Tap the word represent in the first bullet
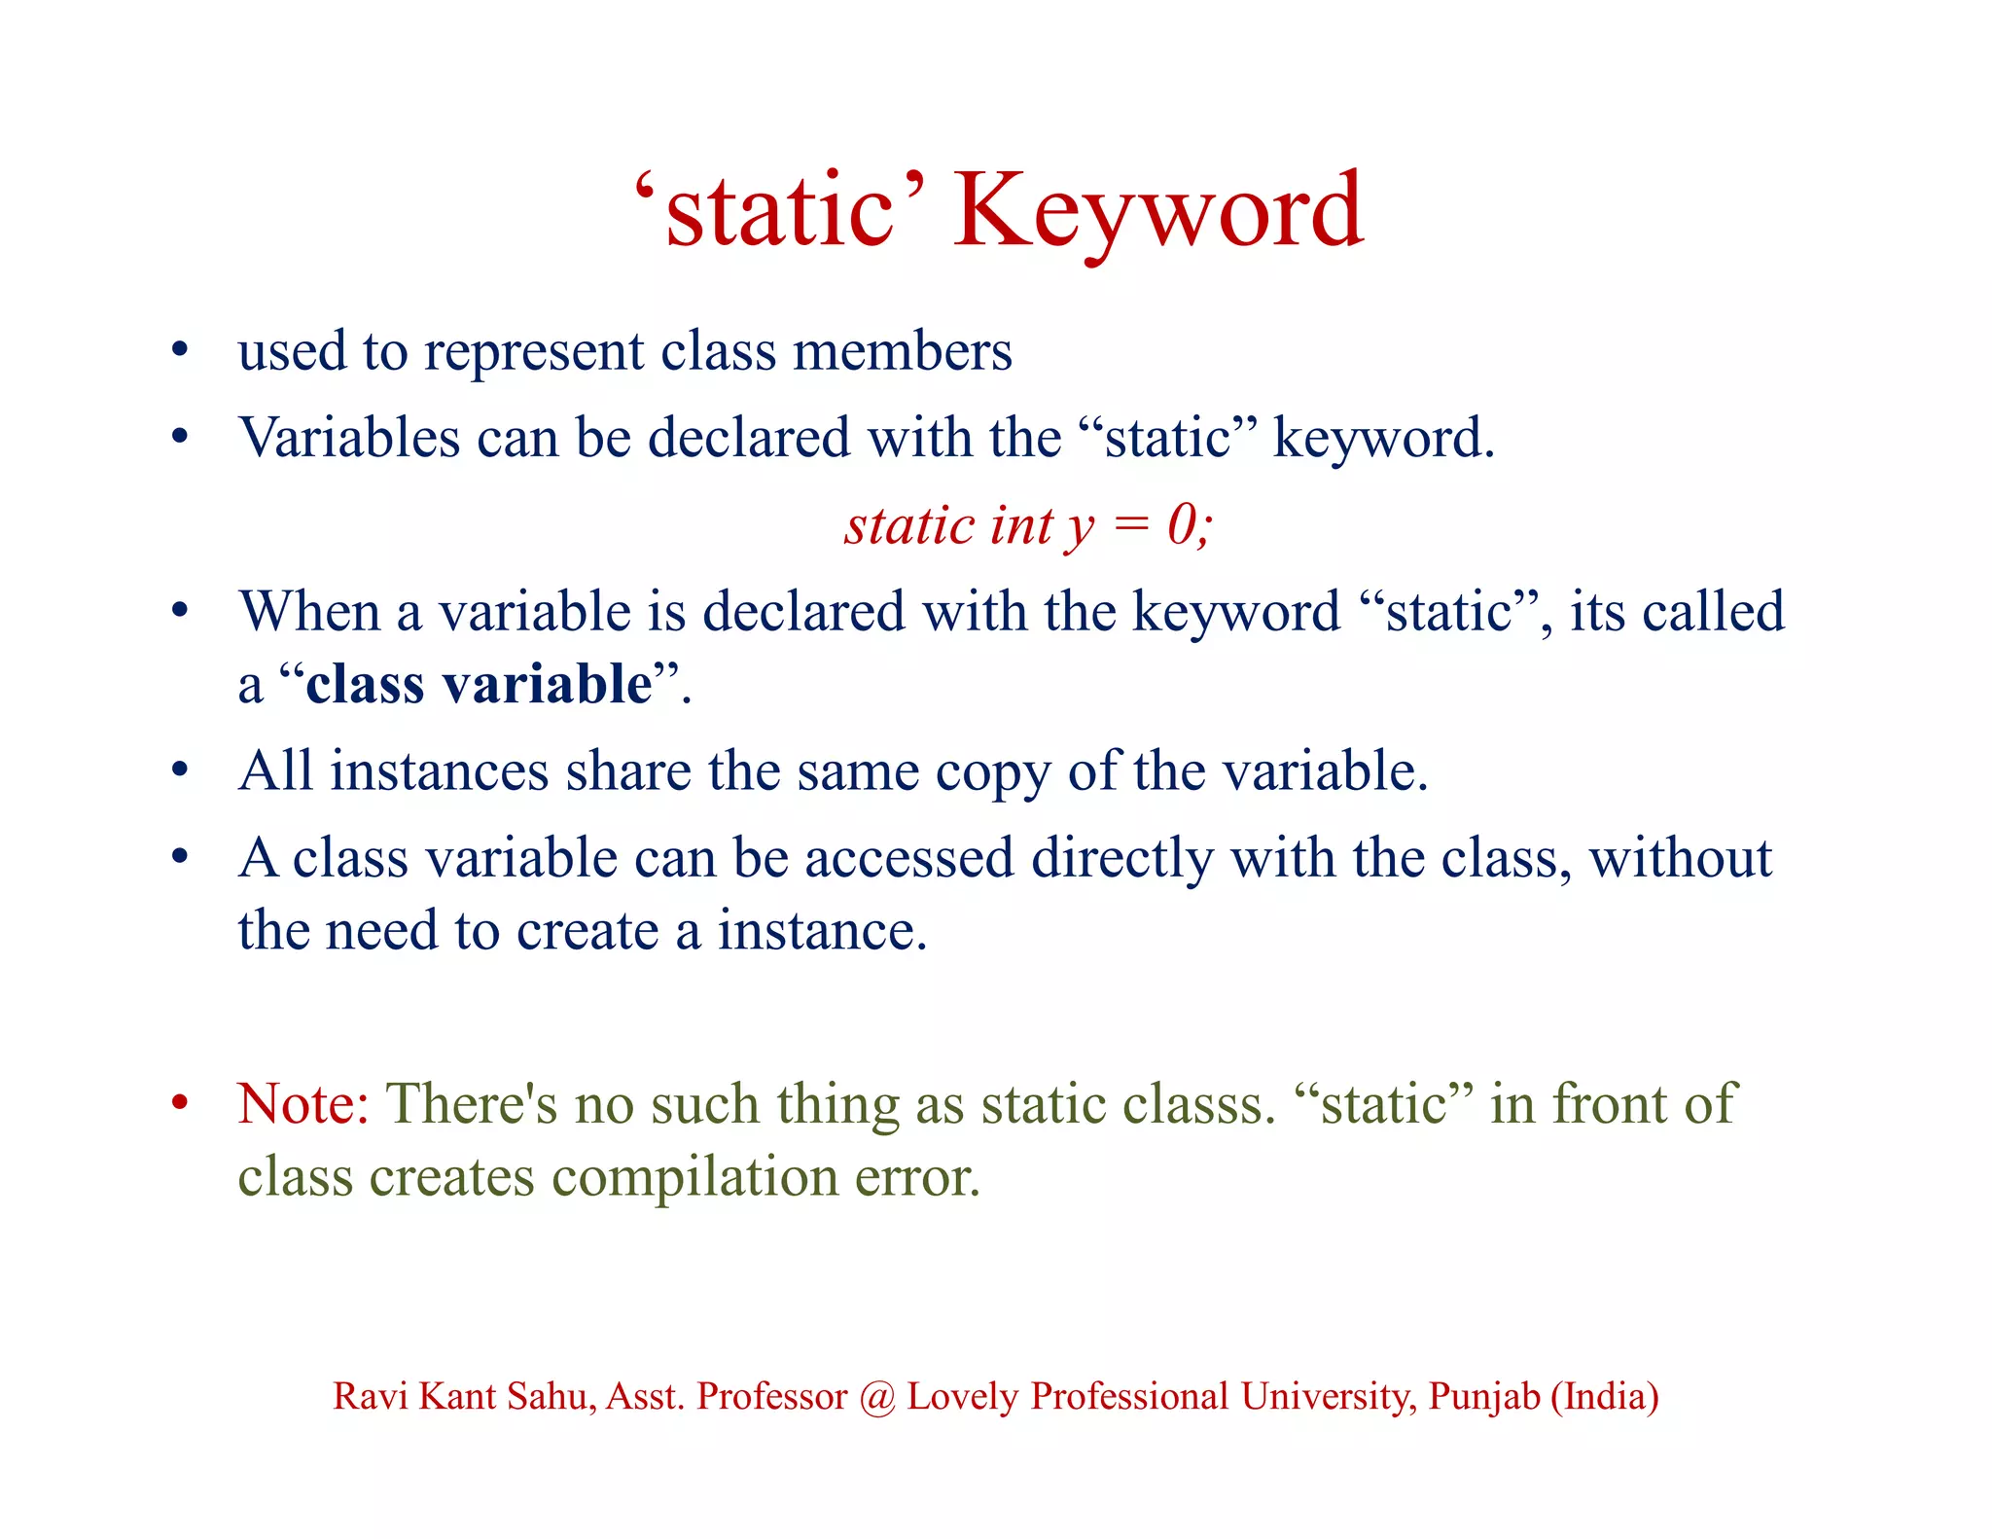(x=534, y=352)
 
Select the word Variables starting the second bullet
(x=349, y=438)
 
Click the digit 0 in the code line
(x=1183, y=525)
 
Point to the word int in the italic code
(x=1021, y=525)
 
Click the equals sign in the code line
(x=1130, y=527)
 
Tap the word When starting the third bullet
(x=309, y=612)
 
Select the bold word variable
(x=547, y=684)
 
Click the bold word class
(x=365, y=684)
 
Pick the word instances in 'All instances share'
(x=439, y=771)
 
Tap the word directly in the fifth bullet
(x=1121, y=859)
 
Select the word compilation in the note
(x=694, y=1178)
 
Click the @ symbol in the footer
(x=877, y=1397)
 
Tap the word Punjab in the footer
(x=1484, y=1397)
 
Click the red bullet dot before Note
(x=179, y=1103)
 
